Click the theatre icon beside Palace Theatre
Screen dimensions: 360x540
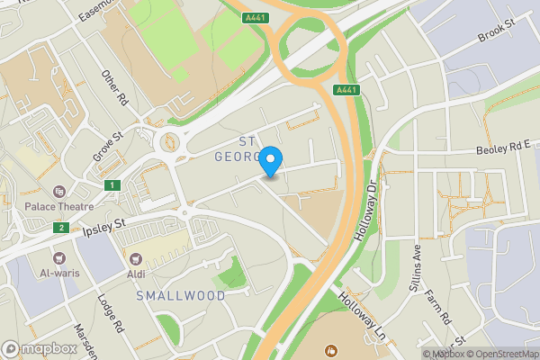pos(59,192)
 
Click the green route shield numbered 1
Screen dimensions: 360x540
pos(112,184)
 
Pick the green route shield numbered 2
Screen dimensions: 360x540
pos(60,228)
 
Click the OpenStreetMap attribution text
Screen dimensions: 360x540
pos(500,354)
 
